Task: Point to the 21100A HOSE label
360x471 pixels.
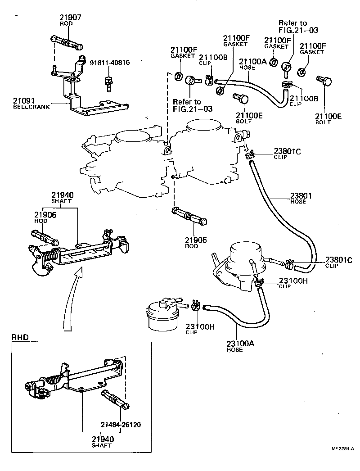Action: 253,64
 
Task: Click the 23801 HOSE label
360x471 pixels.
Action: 300,198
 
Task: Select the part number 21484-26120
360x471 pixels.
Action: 120,424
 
